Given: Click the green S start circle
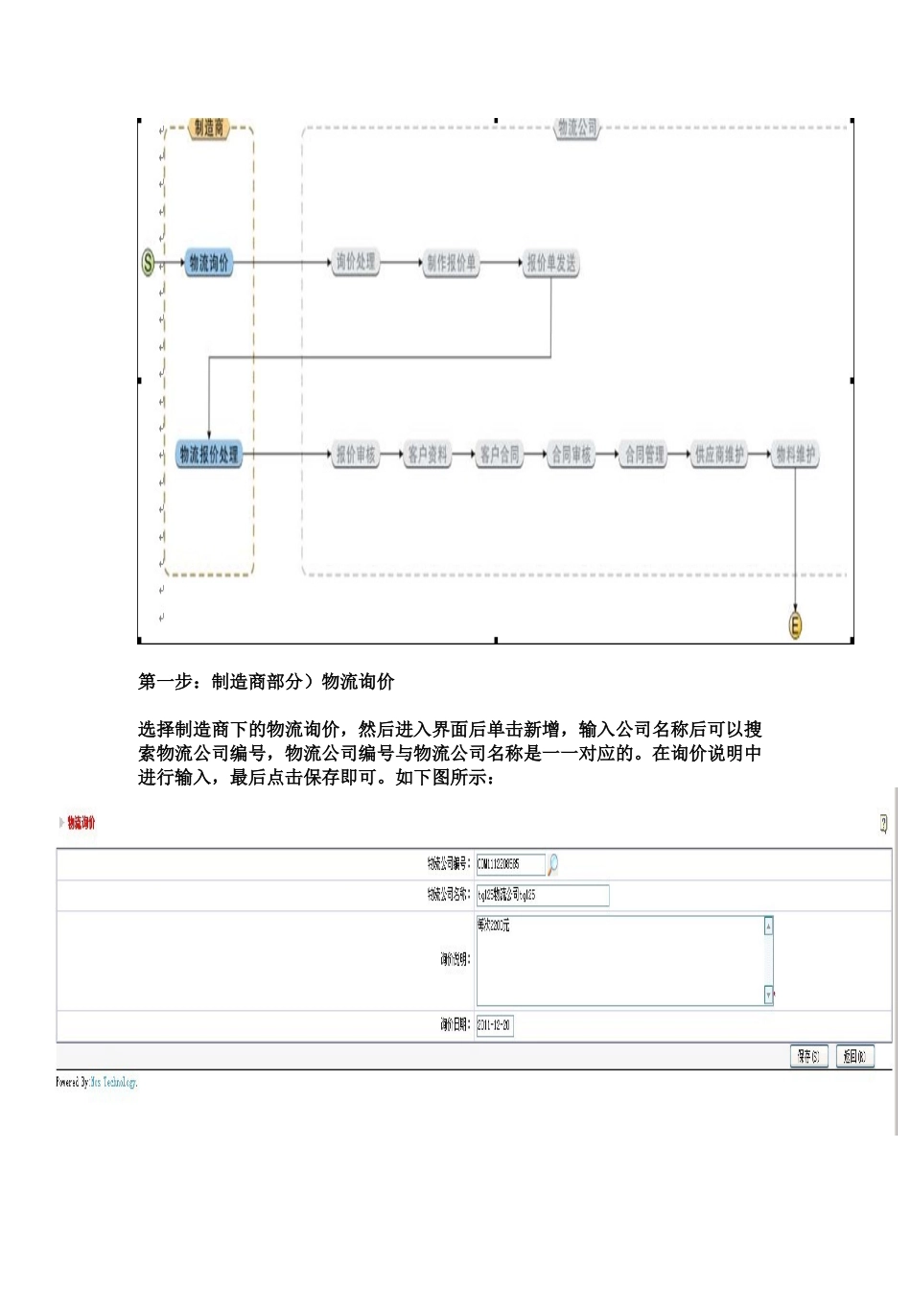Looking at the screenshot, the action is pos(148,262).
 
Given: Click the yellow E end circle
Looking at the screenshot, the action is pos(795,626).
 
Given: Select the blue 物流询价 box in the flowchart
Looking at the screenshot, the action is pos(209,263).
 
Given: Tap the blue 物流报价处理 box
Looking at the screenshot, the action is pos(209,455).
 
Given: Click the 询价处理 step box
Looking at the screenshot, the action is pos(356,262).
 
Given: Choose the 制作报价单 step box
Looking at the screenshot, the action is pos(451,263).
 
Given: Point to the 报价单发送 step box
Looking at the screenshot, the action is pos(551,263).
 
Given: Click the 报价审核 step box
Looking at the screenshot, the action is pos(356,455).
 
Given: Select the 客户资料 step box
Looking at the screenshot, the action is pos(428,455).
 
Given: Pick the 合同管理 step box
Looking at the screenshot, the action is pos(644,455).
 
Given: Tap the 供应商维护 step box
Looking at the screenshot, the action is pos(719,455).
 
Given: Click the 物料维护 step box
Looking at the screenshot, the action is pos(796,455).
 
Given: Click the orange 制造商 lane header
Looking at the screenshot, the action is pos(209,129).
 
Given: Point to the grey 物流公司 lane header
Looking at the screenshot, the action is pos(577,129).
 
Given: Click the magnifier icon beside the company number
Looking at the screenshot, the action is pos(553,864).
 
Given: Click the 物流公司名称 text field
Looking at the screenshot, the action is pos(542,895).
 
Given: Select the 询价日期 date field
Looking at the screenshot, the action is pos(495,1025).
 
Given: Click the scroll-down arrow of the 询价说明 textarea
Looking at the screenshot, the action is pos(768,996).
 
